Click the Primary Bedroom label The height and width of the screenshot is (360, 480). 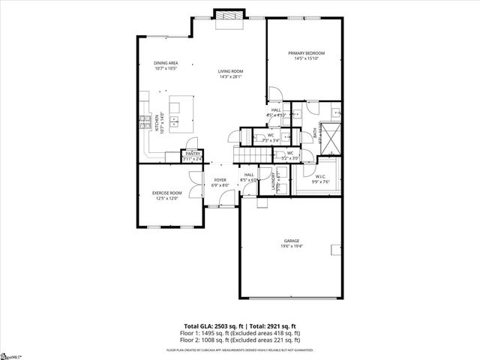coord(307,53)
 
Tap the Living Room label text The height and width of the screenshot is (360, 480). coord(231,71)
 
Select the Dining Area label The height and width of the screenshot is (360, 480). coord(165,63)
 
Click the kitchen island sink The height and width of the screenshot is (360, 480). coord(174,120)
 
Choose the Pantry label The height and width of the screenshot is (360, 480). coord(193,154)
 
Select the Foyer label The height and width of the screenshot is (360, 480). coord(220,180)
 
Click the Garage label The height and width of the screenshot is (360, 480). coord(291,241)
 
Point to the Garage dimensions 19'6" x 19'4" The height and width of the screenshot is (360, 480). coord(291,247)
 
